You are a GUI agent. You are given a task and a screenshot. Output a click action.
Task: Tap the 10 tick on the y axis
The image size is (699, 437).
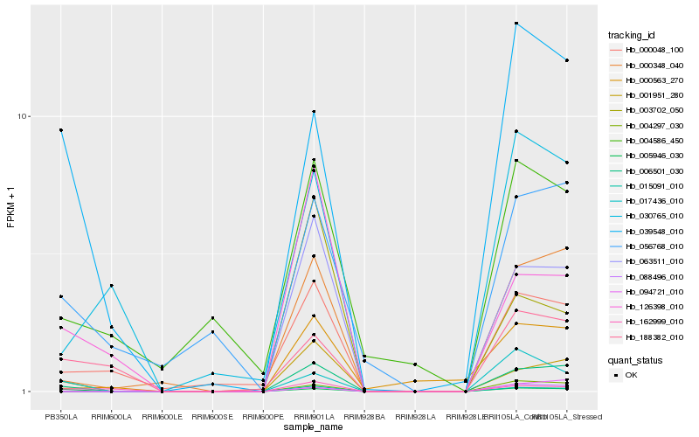click(24, 117)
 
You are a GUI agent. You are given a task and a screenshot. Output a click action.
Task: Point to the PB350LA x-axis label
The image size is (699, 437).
click(61, 417)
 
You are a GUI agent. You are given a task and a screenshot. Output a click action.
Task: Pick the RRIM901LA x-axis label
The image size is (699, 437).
click(314, 417)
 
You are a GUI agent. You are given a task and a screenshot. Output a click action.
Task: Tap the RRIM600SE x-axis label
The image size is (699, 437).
click(212, 417)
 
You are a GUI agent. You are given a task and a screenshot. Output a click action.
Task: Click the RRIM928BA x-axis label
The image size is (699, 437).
click(364, 417)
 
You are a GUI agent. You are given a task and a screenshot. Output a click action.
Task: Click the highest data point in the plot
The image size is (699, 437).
click(516, 24)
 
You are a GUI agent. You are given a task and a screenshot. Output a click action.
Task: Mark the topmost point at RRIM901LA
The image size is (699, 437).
click(314, 112)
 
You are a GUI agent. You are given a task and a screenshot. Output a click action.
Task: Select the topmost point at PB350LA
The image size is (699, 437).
click(61, 130)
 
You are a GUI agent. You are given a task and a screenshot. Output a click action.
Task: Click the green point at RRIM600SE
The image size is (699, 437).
click(212, 318)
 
